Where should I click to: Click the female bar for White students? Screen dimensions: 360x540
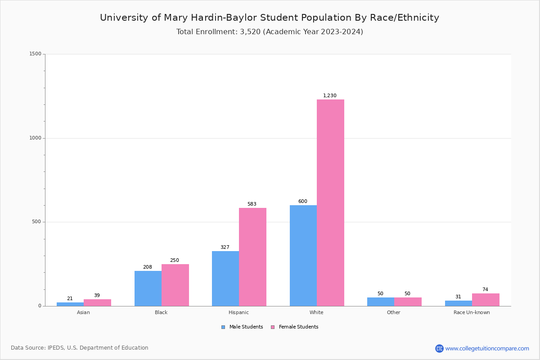tap(330, 202)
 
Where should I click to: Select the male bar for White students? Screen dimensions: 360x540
tap(303, 256)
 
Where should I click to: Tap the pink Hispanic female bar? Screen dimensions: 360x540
tap(252, 257)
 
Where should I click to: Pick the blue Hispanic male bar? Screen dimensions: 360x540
tap(225, 279)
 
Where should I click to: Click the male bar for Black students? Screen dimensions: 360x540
tap(148, 288)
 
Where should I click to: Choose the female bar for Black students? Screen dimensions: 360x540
tap(175, 285)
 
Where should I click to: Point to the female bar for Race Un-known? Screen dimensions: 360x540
tap(486, 300)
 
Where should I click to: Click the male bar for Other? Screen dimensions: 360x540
tap(381, 301)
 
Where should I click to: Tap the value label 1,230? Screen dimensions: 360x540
tap(330, 95)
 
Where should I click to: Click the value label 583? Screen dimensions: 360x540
tap(252, 204)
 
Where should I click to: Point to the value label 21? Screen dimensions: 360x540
tap(70, 298)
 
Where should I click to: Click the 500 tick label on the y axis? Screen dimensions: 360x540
tap(36, 222)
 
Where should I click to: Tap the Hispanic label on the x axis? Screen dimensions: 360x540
tap(238, 312)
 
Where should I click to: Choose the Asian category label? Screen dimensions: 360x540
tap(83, 312)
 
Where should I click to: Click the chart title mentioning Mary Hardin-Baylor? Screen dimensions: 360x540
tap(270, 18)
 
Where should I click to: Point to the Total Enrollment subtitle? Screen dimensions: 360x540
tap(270, 31)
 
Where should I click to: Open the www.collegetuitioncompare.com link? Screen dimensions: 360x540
tap(487, 348)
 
